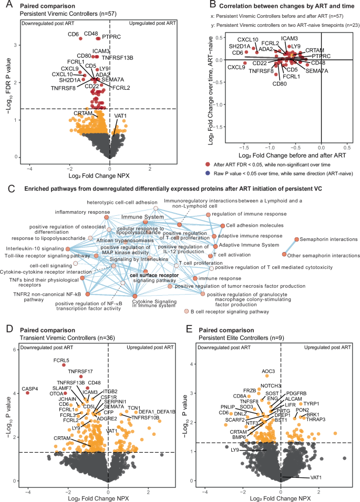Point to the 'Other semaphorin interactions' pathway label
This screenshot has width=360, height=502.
click(x=320, y=255)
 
